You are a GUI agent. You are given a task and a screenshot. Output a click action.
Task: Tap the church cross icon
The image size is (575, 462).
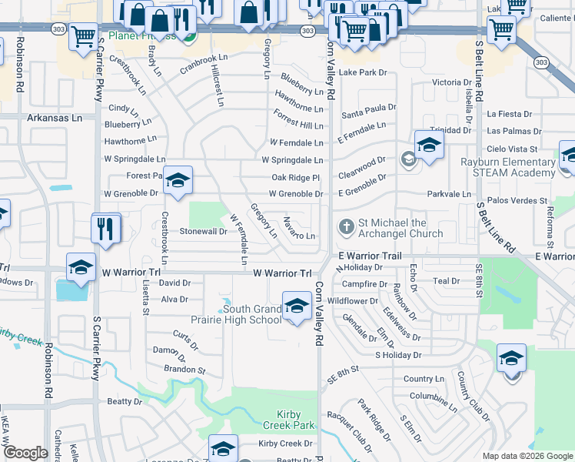[346, 227]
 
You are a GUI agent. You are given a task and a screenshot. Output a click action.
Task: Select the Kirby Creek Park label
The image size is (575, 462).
[292, 420]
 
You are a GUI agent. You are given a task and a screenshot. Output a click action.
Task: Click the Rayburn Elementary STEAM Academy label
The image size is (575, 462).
[508, 168]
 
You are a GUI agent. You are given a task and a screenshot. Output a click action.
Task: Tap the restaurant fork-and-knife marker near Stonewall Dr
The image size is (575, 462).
[105, 228]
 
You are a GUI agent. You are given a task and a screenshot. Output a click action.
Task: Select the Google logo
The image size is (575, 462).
[25, 453]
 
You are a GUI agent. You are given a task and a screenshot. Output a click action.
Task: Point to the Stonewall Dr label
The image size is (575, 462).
[203, 231]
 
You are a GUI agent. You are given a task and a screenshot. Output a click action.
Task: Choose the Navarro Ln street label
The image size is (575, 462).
[299, 229]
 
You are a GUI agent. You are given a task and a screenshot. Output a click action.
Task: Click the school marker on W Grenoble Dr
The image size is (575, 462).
[178, 182]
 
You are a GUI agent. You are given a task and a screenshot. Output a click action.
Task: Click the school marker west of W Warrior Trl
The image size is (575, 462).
[81, 266]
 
